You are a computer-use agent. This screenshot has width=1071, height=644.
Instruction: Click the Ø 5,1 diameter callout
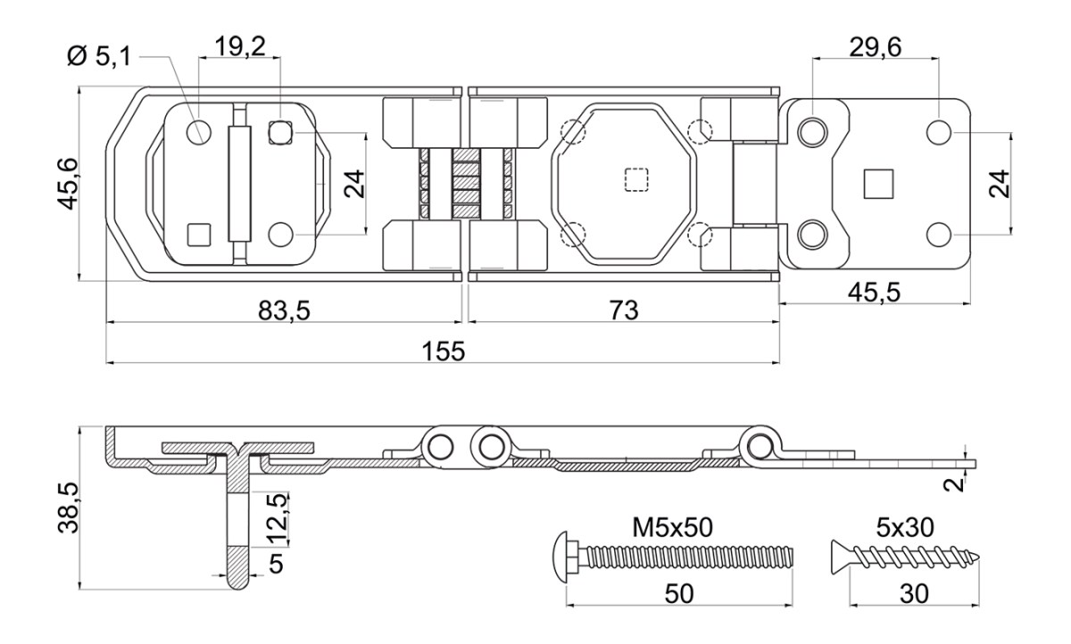click(x=99, y=56)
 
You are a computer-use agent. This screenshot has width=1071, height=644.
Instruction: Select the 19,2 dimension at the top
click(x=240, y=46)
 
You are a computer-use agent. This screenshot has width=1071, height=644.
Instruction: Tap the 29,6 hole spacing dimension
click(x=876, y=47)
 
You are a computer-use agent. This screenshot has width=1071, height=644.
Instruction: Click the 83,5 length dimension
click(x=284, y=310)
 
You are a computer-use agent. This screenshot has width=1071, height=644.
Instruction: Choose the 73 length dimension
click(x=624, y=310)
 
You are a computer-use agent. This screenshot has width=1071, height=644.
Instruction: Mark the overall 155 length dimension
click(x=444, y=351)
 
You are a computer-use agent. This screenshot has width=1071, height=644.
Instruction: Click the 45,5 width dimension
click(x=875, y=293)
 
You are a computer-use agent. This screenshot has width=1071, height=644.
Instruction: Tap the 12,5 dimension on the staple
click(x=278, y=519)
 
